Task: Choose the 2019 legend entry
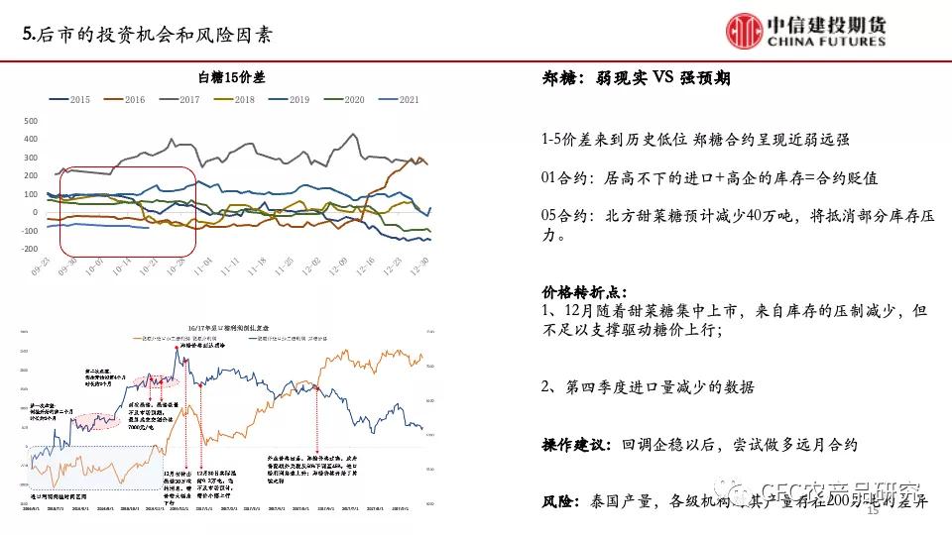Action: tap(290, 100)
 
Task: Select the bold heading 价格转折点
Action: tap(584, 293)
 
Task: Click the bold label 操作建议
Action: tap(575, 445)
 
